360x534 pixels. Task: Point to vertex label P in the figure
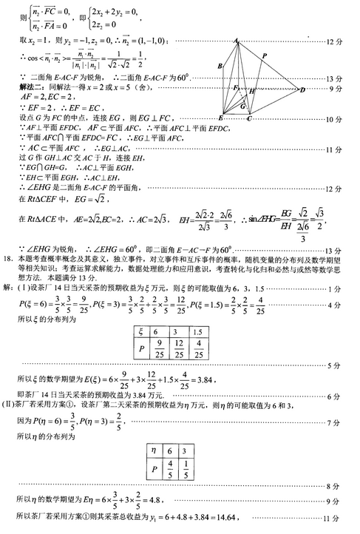pos(265,55)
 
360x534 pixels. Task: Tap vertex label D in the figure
pos(302,89)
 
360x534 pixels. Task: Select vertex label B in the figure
pos(220,67)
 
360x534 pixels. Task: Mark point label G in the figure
pos(242,107)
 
